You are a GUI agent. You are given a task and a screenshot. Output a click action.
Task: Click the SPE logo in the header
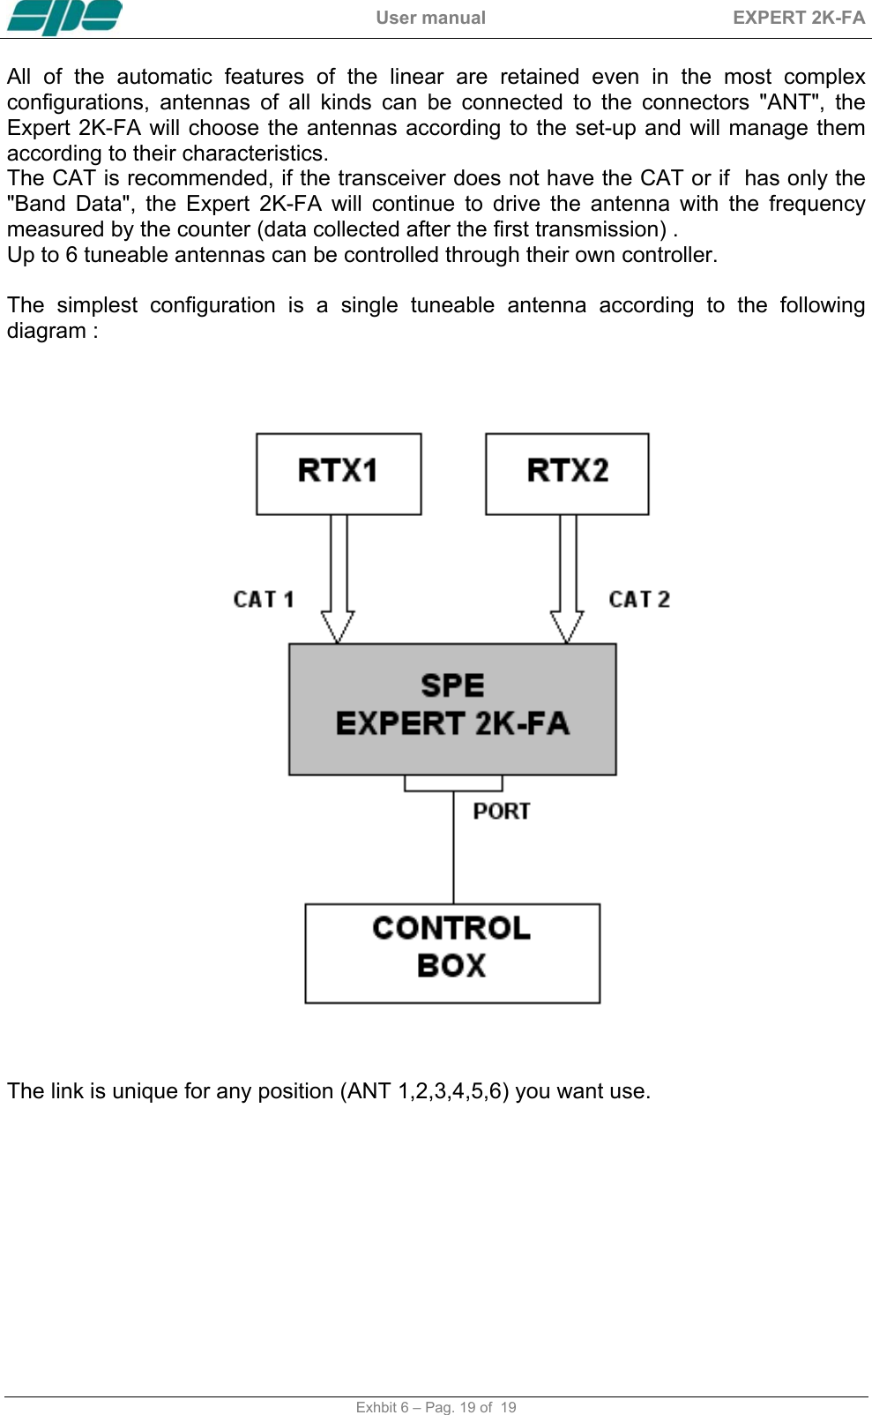click(x=64, y=18)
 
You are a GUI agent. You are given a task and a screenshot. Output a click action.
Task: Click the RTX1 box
click(x=339, y=473)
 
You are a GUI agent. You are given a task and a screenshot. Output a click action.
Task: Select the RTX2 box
click(x=567, y=473)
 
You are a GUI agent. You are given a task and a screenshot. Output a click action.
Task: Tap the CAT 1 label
click(x=263, y=600)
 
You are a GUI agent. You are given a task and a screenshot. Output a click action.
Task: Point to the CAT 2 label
click(x=639, y=600)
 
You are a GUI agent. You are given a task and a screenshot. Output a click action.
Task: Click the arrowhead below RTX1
click(x=338, y=625)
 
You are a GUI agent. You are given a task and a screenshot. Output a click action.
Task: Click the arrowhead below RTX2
click(x=567, y=625)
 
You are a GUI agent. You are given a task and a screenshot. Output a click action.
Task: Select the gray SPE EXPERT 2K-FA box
click(x=452, y=708)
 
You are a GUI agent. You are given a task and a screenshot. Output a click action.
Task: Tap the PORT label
click(x=502, y=812)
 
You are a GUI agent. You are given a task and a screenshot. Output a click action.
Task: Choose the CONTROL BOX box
click(x=452, y=953)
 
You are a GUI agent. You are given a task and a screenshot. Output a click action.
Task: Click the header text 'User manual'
click(x=430, y=18)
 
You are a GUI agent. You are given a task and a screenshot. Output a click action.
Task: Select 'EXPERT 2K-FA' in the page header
click(x=798, y=18)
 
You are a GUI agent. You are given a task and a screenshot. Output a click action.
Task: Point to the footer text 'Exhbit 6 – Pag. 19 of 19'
click(x=436, y=1407)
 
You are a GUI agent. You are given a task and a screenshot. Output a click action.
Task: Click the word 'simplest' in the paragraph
click(x=97, y=305)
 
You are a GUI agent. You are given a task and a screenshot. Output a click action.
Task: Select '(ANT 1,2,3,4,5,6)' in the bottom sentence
click(x=424, y=1091)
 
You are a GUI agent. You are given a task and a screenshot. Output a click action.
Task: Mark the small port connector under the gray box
click(x=453, y=783)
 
